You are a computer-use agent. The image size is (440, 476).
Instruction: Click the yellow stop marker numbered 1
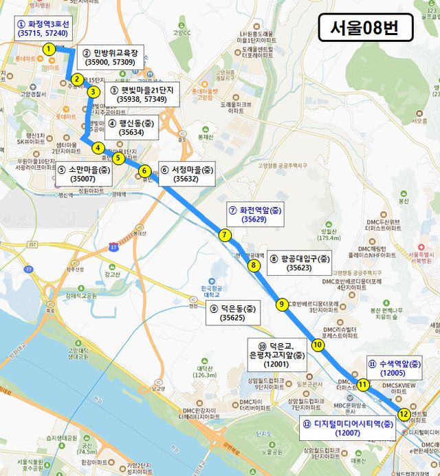click(49, 49)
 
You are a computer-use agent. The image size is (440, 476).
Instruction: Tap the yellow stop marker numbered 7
click(225, 235)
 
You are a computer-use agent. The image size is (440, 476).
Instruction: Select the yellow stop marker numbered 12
click(404, 414)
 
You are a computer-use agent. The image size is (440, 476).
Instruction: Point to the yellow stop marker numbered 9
click(281, 304)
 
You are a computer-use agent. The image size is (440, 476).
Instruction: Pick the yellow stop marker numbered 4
click(98, 147)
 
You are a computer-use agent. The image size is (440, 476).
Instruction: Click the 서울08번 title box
click(365, 28)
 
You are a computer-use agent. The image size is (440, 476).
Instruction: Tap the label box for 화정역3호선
click(43, 28)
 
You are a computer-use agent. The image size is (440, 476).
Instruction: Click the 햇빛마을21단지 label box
click(142, 95)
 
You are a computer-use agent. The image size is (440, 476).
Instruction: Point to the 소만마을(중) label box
click(83, 174)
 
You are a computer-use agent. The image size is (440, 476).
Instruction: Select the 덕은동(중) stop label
click(233, 313)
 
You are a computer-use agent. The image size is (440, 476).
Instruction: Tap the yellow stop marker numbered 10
click(317, 345)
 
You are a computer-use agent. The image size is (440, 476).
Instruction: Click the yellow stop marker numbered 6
click(144, 171)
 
